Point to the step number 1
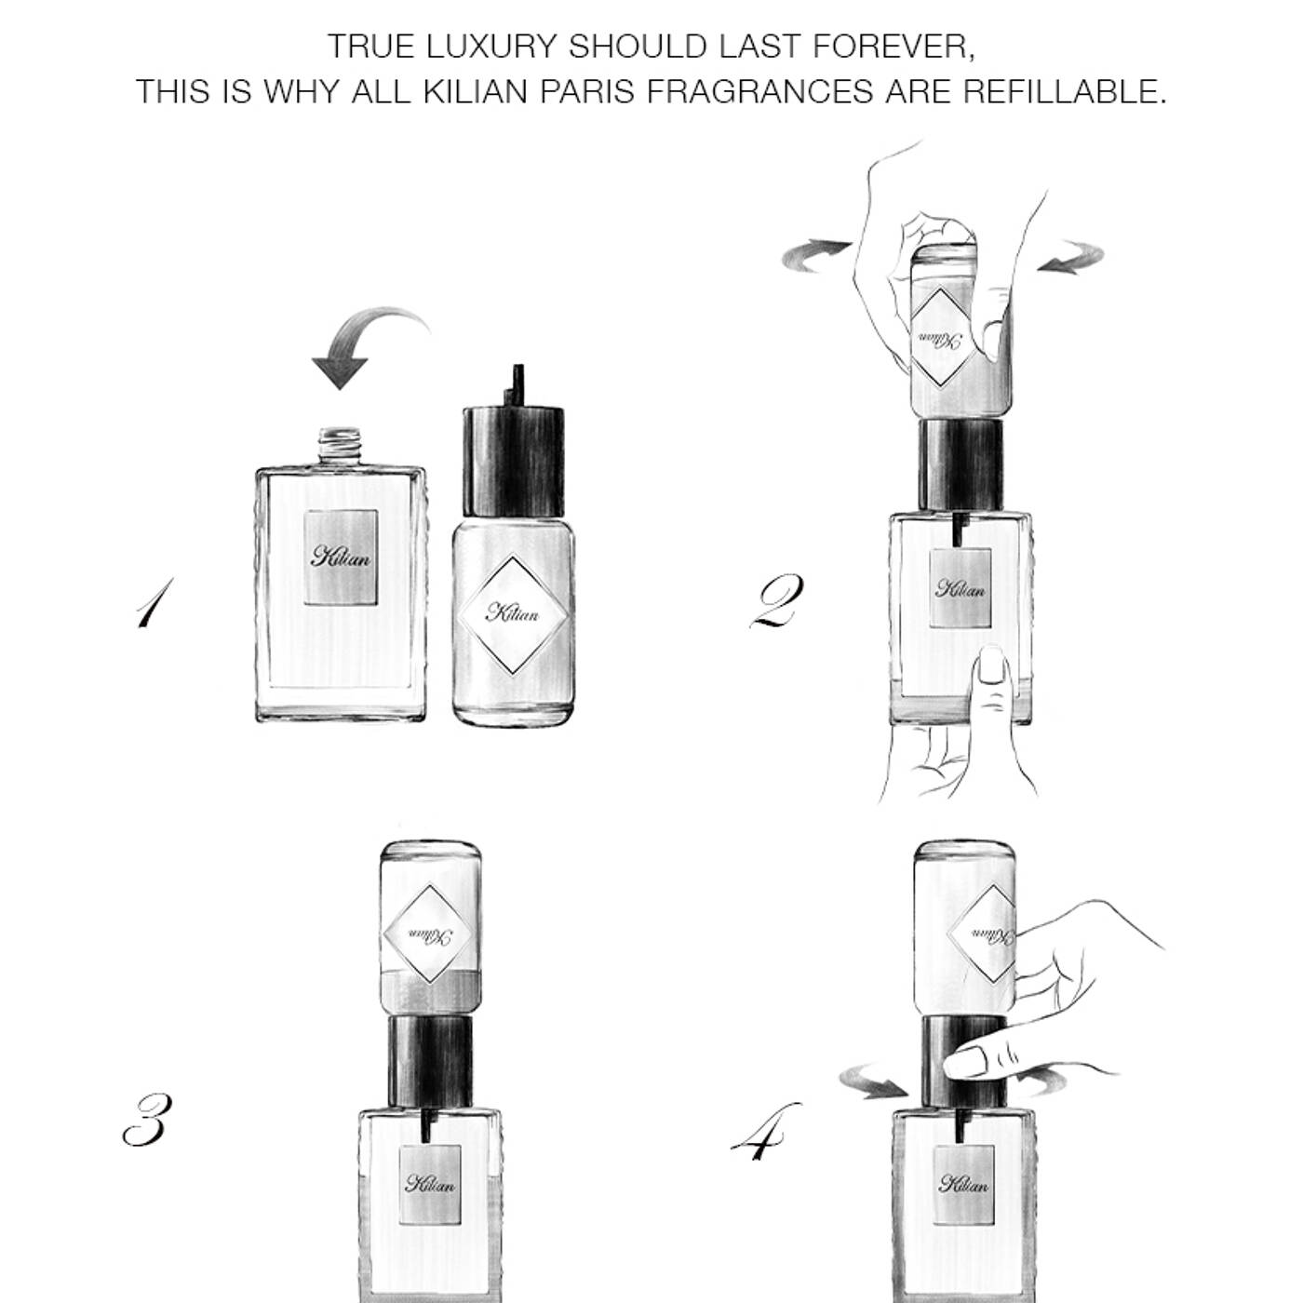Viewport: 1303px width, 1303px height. pos(154,602)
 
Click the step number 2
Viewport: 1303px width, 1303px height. pos(777,600)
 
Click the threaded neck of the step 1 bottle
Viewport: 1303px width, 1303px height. pos(340,445)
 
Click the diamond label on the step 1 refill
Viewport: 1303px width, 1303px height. pos(512,614)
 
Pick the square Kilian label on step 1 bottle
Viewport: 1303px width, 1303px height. pos(340,557)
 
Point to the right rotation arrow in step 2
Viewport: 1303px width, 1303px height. pos(1072,257)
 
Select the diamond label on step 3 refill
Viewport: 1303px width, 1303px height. pos(428,934)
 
